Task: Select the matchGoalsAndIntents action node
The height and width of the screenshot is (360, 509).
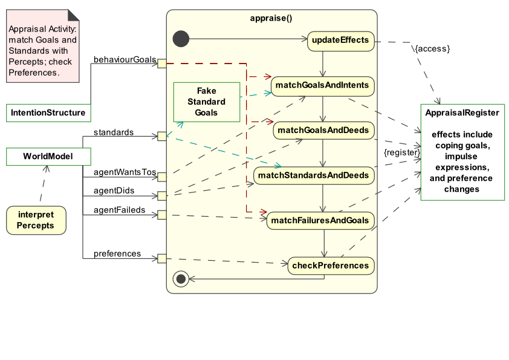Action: [x=322, y=85]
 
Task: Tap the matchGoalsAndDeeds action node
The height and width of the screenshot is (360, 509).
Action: [x=323, y=130]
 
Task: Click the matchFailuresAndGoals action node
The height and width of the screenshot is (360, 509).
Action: [x=320, y=220]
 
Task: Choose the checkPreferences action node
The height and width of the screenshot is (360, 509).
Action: [x=330, y=266]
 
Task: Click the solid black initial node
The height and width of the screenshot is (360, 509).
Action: [x=180, y=39]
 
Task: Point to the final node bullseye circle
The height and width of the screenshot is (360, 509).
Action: [x=180, y=279]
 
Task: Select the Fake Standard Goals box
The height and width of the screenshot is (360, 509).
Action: [x=206, y=102]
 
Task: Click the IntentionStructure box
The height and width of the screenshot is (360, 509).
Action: [x=48, y=113]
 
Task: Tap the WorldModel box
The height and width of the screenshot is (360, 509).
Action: [x=48, y=157]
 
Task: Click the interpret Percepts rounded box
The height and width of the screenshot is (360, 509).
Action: [x=35, y=220]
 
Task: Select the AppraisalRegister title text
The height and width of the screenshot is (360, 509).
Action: [x=462, y=113]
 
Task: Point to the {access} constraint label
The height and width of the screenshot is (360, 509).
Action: [x=432, y=48]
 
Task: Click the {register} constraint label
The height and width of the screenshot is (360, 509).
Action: [x=401, y=153]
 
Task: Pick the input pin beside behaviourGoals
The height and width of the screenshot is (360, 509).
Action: [x=161, y=63]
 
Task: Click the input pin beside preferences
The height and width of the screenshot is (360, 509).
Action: [x=161, y=258]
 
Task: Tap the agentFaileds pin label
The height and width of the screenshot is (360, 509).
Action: [x=119, y=210]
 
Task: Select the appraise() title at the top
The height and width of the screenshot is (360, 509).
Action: [x=271, y=18]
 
